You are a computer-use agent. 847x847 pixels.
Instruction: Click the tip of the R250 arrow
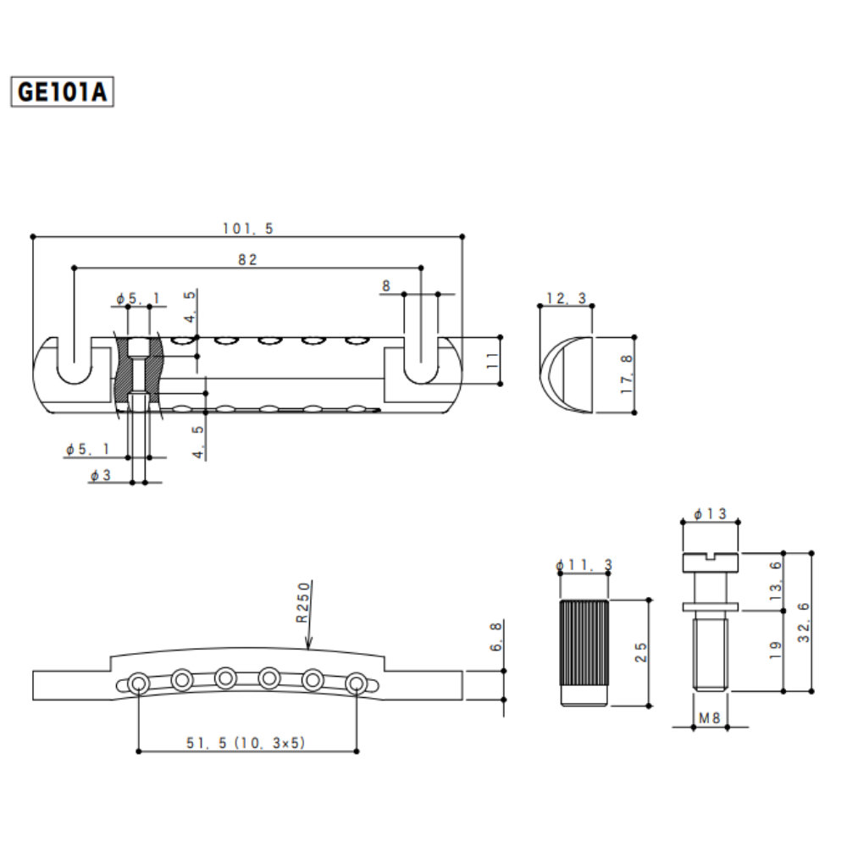pyautogui.click(x=308, y=649)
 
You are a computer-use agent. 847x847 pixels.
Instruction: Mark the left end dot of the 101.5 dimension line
pyautogui.click(x=33, y=236)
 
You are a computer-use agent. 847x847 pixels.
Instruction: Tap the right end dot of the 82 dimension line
pyautogui.click(x=421, y=268)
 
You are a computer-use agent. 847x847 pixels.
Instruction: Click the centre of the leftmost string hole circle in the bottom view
pyautogui.click(x=139, y=684)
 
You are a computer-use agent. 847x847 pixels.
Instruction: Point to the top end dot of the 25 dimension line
pyautogui.click(x=650, y=600)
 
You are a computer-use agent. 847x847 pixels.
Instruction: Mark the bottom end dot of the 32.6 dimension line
pyautogui.click(x=811, y=691)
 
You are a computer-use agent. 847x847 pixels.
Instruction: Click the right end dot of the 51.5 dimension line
pyautogui.click(x=357, y=751)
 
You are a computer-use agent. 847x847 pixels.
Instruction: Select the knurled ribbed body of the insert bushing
pyautogui.click(x=584, y=643)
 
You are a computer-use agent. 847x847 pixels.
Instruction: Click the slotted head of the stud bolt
pyautogui.click(x=711, y=562)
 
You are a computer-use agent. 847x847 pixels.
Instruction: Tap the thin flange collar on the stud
pyautogui.click(x=711, y=607)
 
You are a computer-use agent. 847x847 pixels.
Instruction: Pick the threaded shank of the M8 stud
pyautogui.click(x=711, y=655)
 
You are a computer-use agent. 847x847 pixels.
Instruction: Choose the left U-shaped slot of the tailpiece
pyautogui.click(x=74, y=362)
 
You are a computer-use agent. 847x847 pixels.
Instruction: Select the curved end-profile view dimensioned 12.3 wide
pyautogui.click(x=566, y=375)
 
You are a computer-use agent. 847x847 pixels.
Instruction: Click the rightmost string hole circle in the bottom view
pyautogui.click(x=356, y=684)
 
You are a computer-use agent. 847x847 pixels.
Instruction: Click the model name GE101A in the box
pyautogui.click(x=62, y=91)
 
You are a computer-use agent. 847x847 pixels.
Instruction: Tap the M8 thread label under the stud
pyautogui.click(x=709, y=718)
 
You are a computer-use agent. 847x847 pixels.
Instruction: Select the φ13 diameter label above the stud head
pyautogui.click(x=710, y=514)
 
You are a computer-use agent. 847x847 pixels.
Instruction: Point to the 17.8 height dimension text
pyautogui.click(x=627, y=374)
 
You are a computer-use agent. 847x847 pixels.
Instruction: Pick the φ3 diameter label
pyautogui.click(x=101, y=475)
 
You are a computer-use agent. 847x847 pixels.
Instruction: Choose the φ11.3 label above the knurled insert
pyautogui.click(x=584, y=565)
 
